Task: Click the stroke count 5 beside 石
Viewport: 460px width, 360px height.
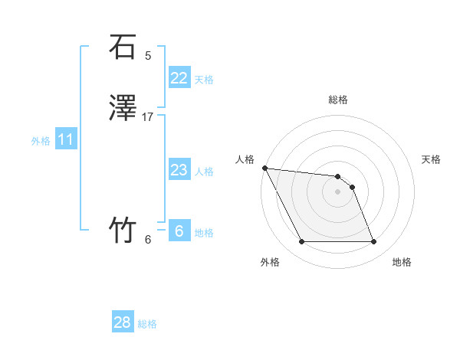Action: tap(148, 55)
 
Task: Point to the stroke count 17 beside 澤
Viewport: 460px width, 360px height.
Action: tap(148, 117)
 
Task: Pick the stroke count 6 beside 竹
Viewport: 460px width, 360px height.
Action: tap(148, 239)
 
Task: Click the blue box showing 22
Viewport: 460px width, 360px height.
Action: tap(179, 77)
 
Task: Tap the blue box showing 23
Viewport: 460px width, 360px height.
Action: tap(179, 170)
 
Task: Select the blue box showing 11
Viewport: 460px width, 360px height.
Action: tap(66, 139)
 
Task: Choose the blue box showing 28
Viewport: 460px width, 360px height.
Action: tap(123, 322)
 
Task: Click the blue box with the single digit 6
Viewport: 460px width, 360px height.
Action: tap(179, 231)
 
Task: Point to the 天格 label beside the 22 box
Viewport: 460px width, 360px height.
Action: tap(204, 79)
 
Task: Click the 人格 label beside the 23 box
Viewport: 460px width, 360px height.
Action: tap(204, 172)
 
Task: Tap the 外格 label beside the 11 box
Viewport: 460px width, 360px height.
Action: tap(41, 141)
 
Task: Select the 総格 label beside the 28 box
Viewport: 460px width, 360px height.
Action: tap(147, 324)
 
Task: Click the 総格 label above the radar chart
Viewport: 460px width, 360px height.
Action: tap(338, 100)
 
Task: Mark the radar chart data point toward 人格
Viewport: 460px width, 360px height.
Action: tap(264, 168)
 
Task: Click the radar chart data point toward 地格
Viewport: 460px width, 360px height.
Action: tap(374, 242)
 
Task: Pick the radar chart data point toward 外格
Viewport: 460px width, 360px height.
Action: tap(301, 242)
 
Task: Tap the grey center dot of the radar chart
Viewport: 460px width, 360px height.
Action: tap(338, 191)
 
